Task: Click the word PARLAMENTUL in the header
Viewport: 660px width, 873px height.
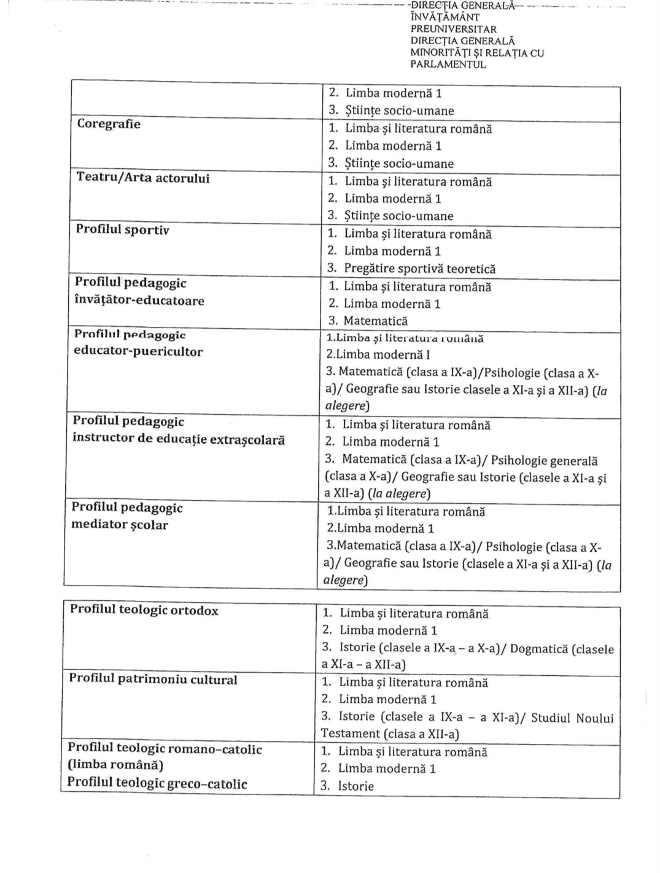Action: tap(448, 65)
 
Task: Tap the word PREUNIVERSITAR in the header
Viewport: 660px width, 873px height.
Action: tap(454, 29)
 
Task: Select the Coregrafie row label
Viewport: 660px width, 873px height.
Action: tap(109, 124)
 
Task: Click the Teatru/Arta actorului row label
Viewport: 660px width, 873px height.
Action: tap(142, 178)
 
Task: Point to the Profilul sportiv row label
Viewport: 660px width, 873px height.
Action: tap(122, 230)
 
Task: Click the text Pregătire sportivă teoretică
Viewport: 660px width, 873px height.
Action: tap(419, 268)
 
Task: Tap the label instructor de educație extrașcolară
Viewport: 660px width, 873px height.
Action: tap(179, 440)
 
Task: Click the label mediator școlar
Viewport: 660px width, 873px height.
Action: tap(119, 525)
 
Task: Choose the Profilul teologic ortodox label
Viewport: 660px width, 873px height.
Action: tap(144, 610)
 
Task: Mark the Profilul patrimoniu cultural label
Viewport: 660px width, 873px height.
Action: tap(153, 679)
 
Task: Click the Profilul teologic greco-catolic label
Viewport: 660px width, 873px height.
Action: tap(157, 783)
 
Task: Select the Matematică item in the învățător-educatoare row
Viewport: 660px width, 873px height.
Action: tap(375, 321)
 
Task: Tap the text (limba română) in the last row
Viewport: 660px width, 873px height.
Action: tap(115, 765)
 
